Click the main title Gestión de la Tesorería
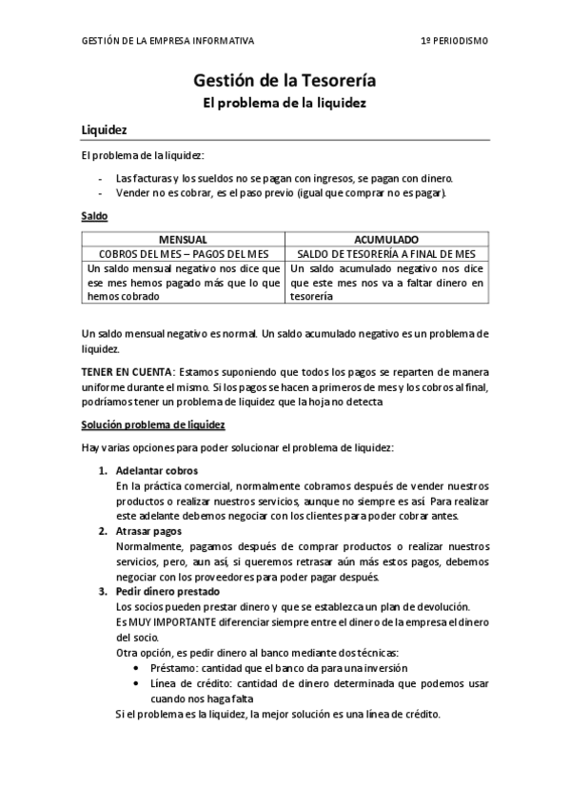click(x=285, y=83)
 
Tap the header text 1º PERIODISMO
click(x=455, y=41)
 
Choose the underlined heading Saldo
click(x=94, y=217)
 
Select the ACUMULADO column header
click(x=386, y=240)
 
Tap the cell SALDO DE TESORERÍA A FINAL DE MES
click(x=386, y=254)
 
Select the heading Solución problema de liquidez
click(x=153, y=423)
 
